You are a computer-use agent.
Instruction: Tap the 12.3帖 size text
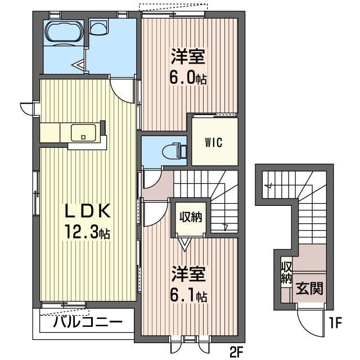(86, 231)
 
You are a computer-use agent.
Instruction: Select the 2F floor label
(236, 353)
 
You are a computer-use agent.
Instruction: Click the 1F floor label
(336, 324)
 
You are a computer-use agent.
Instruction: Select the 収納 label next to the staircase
(190, 217)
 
